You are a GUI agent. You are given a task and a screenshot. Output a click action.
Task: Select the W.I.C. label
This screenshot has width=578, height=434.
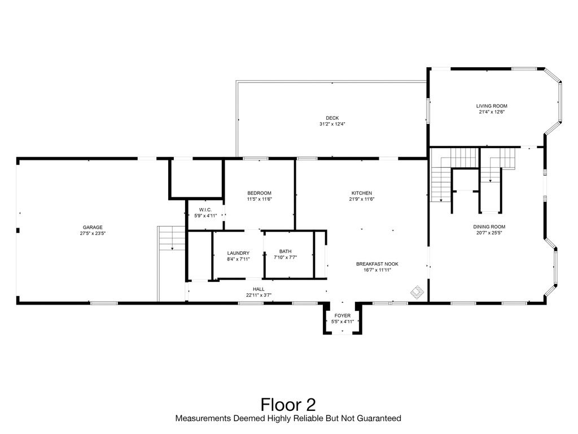(205, 210)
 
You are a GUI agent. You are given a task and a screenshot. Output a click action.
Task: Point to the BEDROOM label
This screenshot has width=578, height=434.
(259, 193)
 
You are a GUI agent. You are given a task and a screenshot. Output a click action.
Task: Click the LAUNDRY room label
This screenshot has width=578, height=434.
(238, 253)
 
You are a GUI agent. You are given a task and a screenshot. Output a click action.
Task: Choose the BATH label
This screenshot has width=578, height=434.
(285, 251)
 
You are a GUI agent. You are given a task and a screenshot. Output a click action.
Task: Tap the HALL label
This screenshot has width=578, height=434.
(259, 289)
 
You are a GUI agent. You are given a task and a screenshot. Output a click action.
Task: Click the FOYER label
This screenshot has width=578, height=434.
(343, 315)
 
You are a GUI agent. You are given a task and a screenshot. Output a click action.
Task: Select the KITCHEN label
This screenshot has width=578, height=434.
(362, 193)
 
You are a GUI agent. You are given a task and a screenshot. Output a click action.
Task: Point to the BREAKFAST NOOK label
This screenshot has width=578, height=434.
(374, 264)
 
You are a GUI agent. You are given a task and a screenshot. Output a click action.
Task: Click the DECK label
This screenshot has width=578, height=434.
(332, 118)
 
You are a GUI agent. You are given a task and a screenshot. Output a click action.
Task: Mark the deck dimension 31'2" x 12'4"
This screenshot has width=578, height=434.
(332, 124)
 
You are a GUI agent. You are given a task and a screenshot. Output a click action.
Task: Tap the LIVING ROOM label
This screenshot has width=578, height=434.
(492, 106)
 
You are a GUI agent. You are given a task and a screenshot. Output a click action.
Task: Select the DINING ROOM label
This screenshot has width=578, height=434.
(489, 227)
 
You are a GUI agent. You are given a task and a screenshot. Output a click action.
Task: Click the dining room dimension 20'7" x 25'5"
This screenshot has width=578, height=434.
(489, 232)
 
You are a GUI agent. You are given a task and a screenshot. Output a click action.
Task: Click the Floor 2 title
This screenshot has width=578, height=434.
(288, 405)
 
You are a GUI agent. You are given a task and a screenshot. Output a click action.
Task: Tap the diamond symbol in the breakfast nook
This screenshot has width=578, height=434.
(417, 292)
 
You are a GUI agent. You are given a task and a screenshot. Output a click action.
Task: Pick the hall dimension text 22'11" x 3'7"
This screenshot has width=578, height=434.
(259, 294)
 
